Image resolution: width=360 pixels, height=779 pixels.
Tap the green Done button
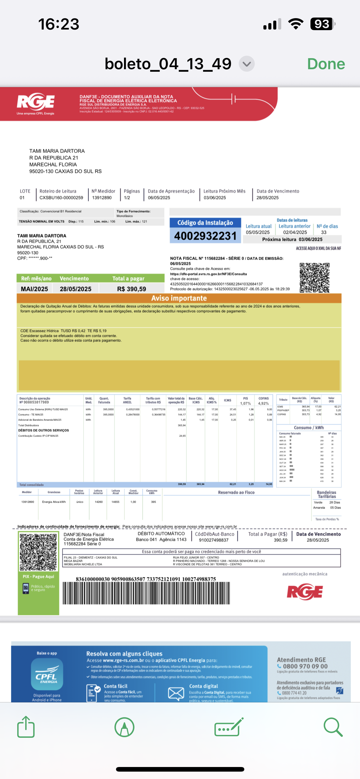[x=326, y=64]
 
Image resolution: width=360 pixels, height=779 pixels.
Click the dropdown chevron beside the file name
[x=246, y=64]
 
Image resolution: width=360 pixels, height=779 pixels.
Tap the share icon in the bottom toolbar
[x=26, y=727]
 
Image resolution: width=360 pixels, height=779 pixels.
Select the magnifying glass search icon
[x=333, y=727]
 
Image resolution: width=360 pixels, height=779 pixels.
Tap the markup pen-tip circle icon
[x=124, y=727]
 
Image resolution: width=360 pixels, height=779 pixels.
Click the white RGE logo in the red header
[x=36, y=102]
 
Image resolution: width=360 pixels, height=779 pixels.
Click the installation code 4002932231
[x=205, y=236]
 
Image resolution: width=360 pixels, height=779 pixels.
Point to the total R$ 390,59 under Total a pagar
[x=131, y=289]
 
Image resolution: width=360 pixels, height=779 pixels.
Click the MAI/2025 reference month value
[x=34, y=289]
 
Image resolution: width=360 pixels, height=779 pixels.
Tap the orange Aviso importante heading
[x=179, y=298]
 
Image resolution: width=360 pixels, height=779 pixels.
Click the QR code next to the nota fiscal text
[x=314, y=278]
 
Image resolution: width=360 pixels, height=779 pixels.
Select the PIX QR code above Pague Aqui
[x=38, y=552]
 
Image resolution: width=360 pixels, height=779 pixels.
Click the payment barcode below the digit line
[x=146, y=593]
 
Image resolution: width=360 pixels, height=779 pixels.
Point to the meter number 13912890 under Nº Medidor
[x=102, y=198]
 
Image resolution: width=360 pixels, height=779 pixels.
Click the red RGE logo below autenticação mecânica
[x=305, y=592]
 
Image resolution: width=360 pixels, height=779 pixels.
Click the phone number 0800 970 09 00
[x=305, y=666]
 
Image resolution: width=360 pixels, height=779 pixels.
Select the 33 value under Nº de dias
[x=324, y=232]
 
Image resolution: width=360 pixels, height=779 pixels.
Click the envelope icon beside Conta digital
[x=176, y=693]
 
